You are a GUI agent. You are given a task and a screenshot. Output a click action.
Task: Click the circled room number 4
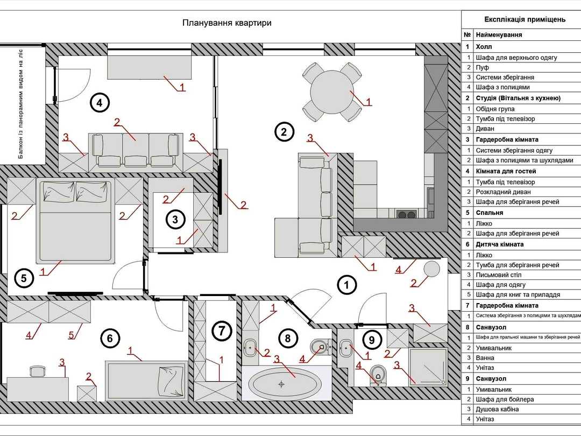tap(100, 103)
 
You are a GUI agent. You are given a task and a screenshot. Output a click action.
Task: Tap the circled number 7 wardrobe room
tap(222, 330)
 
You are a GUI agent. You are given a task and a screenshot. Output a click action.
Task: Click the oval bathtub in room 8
tap(284, 383)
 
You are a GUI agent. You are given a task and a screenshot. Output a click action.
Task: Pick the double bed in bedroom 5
tap(74, 221)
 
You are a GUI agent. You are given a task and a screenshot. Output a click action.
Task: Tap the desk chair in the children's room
tap(37, 371)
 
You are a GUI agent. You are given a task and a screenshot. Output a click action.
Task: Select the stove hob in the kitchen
tap(407, 214)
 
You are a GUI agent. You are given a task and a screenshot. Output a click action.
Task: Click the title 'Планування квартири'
tap(227, 23)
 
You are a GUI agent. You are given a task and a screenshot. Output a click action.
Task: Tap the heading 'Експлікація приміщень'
tap(525, 19)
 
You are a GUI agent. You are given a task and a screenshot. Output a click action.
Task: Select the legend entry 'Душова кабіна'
tap(497, 409)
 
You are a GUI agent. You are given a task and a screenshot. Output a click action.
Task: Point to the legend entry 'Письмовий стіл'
tap(498, 275)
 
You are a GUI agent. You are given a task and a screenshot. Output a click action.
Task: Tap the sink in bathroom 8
tap(251, 348)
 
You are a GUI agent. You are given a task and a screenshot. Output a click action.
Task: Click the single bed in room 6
tap(146, 381)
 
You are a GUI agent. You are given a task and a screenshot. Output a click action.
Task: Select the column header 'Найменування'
tap(499, 35)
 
